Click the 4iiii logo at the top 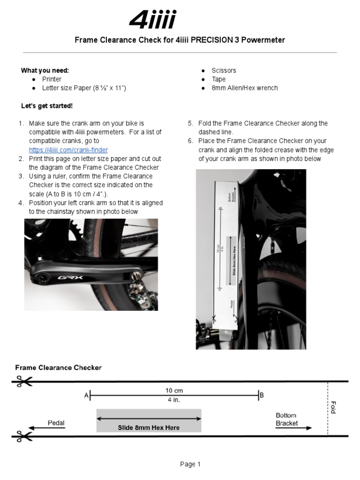(152, 21)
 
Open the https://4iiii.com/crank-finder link (68, 150)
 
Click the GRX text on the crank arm (67, 277)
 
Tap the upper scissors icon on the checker (22, 382)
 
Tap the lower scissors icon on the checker (22, 436)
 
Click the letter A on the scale (86, 396)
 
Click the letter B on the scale (262, 396)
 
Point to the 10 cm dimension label (174, 390)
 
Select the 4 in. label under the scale (174, 400)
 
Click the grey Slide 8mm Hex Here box (149, 420)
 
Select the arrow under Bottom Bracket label (293, 428)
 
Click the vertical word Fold (333, 407)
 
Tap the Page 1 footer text (190, 465)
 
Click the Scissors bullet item (224, 70)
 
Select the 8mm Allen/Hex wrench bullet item (245, 88)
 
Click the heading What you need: (45, 70)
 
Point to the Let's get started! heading (47, 105)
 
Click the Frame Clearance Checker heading (58, 368)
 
